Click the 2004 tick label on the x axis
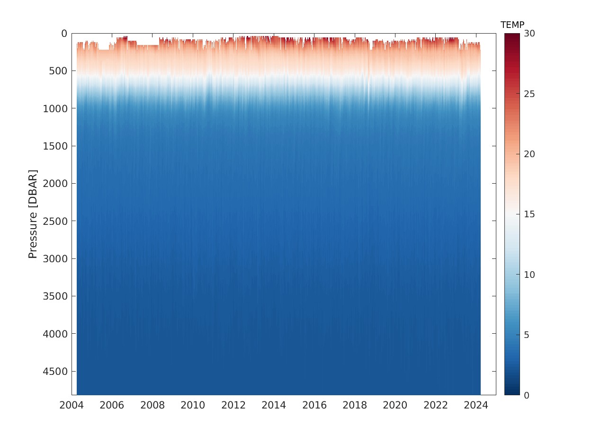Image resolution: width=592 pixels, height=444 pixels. coord(72,406)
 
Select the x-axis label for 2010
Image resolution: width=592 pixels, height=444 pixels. coord(193,406)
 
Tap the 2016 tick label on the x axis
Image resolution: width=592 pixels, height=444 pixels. coord(314,406)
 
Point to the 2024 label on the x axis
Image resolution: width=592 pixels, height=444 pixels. coord(476,406)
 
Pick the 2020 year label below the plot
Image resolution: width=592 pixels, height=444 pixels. coord(395,406)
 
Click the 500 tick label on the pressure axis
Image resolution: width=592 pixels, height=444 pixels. coord(59,71)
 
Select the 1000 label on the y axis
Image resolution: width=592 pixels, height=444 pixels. coord(56,108)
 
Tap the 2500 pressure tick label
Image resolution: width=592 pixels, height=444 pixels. coord(56,221)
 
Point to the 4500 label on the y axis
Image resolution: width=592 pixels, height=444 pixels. coord(56,371)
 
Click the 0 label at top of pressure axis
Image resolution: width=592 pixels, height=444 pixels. coord(64,34)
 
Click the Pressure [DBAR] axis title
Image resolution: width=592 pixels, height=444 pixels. coord(33,214)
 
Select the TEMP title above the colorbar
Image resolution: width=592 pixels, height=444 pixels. coord(512,25)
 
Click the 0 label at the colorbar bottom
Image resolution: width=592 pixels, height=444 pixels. coord(527,395)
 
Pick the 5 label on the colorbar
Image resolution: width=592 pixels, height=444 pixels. coord(527,335)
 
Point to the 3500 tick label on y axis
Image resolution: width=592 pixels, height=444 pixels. coord(56,296)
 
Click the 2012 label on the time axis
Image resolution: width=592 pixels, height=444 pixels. coord(233,406)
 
